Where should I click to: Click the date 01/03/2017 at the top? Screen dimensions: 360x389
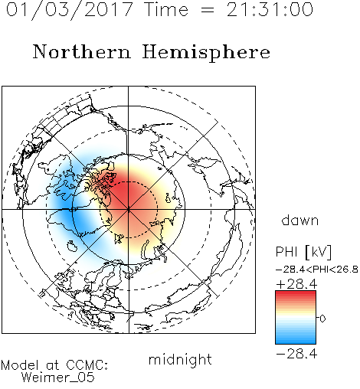tap(70, 10)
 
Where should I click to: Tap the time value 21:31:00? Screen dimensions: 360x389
tap(270, 9)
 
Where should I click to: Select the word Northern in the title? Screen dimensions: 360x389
tap(82, 51)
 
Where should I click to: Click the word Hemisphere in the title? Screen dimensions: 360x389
tap(206, 53)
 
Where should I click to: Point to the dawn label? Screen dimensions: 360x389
tap(300, 221)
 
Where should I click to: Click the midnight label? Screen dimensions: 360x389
tap(180, 360)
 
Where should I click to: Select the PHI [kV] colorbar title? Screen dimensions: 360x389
tap(303, 252)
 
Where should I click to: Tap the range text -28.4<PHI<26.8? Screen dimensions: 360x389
tap(317, 270)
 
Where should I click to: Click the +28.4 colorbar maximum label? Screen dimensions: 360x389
tap(296, 284)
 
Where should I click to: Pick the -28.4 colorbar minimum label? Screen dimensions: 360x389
tap(296, 354)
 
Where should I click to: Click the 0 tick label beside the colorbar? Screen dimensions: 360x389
tap(322, 319)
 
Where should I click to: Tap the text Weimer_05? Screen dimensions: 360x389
tap(58, 378)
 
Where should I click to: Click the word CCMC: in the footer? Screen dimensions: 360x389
tap(87, 365)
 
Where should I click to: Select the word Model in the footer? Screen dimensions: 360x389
tap(20, 365)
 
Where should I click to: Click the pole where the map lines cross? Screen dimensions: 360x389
tap(129, 209)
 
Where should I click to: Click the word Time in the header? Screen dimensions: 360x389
tap(166, 9)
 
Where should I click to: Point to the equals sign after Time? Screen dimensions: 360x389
tap(207, 10)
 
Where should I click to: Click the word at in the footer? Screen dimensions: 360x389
tap(52, 366)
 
